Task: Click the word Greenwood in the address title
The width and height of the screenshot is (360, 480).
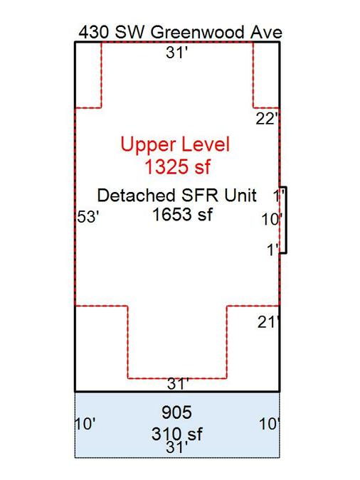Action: (x=198, y=33)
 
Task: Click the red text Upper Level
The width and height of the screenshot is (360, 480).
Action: (x=175, y=144)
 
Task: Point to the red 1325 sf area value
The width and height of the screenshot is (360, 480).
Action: (x=177, y=167)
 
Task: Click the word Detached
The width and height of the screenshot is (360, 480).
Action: (x=137, y=196)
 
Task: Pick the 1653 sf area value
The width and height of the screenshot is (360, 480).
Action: (x=182, y=214)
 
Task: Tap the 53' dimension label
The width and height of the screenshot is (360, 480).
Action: (x=88, y=217)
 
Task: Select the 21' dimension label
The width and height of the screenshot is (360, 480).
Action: (x=268, y=322)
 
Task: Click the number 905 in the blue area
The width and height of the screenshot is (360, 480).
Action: (x=176, y=412)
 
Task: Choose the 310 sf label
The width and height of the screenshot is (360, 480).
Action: (x=176, y=434)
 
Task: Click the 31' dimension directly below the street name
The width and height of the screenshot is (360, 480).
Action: (x=176, y=53)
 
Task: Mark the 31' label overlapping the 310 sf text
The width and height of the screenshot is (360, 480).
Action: (x=176, y=447)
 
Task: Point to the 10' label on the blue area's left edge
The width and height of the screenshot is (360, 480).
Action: (x=85, y=425)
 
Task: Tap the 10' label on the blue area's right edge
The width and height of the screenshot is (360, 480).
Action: (x=270, y=424)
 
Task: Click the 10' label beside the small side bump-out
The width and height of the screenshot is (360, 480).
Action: (x=272, y=220)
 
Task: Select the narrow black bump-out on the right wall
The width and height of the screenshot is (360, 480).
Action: (x=283, y=220)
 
